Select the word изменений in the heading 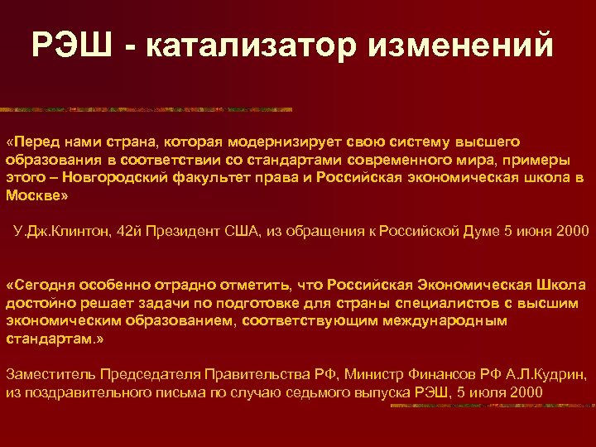(x=458, y=45)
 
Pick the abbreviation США (x=244, y=230)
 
